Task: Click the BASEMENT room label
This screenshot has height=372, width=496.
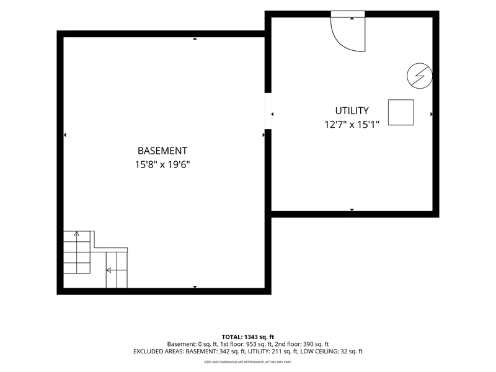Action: (x=162, y=151)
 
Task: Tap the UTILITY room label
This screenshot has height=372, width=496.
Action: (x=352, y=111)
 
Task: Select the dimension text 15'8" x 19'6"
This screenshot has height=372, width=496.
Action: (x=162, y=165)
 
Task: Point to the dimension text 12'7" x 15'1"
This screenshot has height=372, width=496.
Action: (x=352, y=125)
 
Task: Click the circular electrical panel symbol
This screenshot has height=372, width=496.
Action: (x=420, y=76)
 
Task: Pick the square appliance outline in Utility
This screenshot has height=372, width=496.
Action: (x=401, y=112)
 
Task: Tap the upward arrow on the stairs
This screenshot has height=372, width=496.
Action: (x=76, y=234)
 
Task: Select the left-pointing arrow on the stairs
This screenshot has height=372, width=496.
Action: (x=108, y=270)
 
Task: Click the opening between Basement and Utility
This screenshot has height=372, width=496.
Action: (x=268, y=111)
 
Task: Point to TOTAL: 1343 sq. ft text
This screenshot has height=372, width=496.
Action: (x=247, y=337)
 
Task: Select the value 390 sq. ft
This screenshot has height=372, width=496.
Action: (x=316, y=344)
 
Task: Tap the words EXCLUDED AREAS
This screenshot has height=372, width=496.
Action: (x=158, y=352)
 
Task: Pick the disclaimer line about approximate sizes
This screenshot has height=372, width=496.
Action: (x=247, y=361)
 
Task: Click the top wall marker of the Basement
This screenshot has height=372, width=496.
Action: (x=195, y=38)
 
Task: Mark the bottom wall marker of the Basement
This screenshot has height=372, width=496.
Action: (x=195, y=287)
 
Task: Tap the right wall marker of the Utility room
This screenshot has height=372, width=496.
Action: (x=431, y=114)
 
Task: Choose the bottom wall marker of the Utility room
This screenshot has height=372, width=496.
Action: (x=352, y=210)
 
